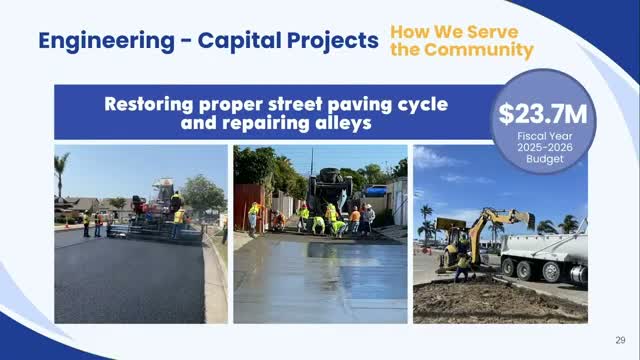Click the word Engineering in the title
(x=107, y=42)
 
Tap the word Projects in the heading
(x=333, y=41)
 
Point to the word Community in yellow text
(x=479, y=50)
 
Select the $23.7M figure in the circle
(x=543, y=114)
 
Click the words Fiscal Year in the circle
(x=544, y=136)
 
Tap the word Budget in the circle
(x=544, y=159)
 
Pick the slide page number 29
(x=620, y=340)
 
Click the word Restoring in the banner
(x=149, y=104)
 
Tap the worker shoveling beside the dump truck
(x=463, y=267)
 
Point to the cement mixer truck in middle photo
(x=330, y=190)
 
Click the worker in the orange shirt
(x=355, y=220)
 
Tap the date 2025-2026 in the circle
(x=545, y=147)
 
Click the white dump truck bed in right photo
(x=544, y=246)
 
